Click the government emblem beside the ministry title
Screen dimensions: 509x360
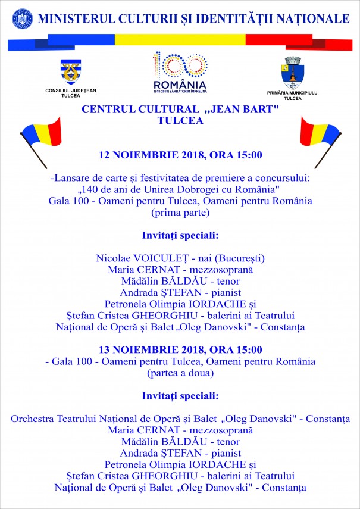pyautogui.click(x=22, y=18)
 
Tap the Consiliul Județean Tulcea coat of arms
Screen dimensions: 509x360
pyautogui.click(x=70, y=71)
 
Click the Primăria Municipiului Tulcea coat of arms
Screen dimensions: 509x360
pyautogui.click(x=293, y=72)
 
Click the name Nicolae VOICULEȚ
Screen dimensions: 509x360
pyautogui.click(x=134, y=258)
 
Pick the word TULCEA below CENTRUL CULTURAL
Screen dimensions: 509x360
pyautogui.click(x=180, y=120)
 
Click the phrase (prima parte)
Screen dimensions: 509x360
pyautogui.click(x=180, y=212)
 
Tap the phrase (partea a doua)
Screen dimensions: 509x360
pyautogui.click(x=180, y=373)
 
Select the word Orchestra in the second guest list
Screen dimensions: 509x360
pyautogui.click(x=35, y=419)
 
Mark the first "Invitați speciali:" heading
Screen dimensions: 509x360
pyautogui.click(x=180, y=235)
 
